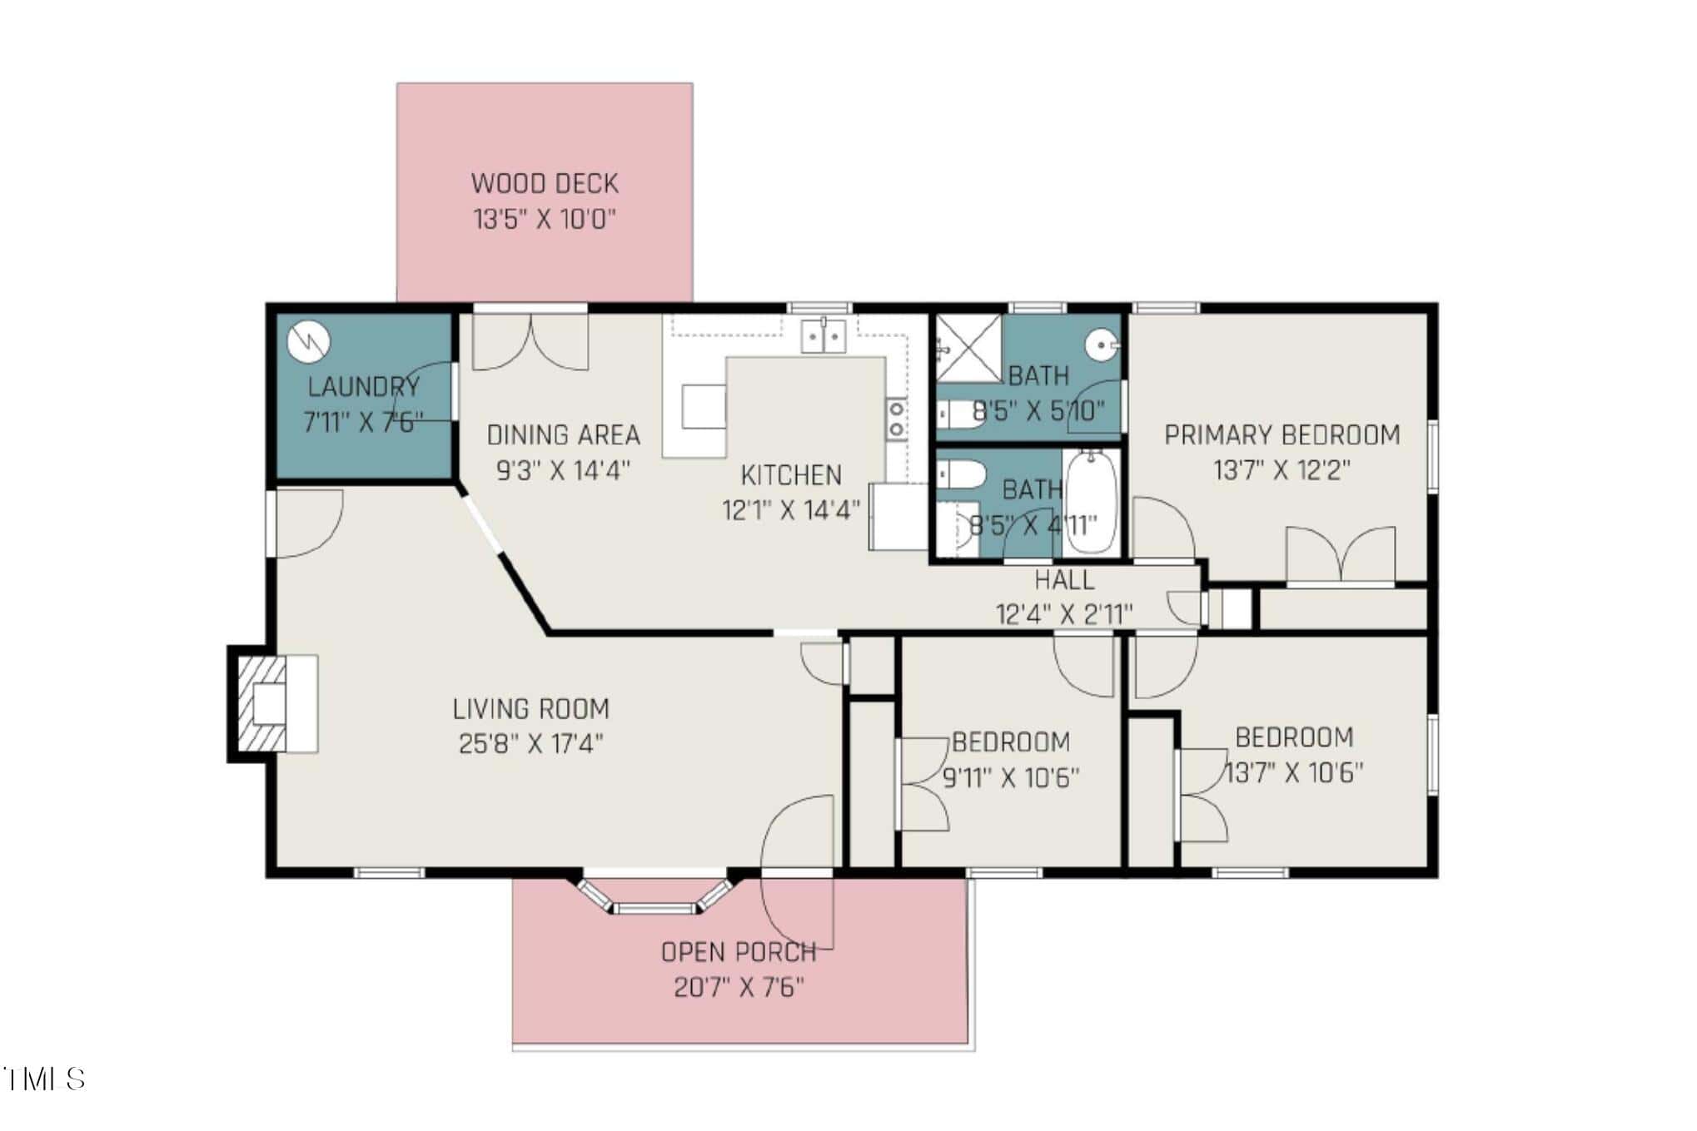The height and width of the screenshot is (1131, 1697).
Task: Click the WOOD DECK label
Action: click(545, 183)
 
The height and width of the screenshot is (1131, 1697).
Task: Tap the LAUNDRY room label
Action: click(364, 386)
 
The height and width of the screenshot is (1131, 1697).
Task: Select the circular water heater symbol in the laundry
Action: click(309, 342)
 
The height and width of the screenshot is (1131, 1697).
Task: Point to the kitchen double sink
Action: click(824, 336)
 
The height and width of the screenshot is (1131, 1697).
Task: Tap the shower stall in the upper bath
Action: click(969, 348)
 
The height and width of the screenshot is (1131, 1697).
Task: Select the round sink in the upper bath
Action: click(1103, 344)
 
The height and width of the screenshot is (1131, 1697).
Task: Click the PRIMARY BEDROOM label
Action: click(1281, 434)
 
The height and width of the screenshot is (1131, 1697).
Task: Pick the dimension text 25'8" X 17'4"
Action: click(531, 743)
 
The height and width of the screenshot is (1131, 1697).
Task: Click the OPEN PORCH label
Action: click(739, 952)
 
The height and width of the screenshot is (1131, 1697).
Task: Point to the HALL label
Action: click(1064, 579)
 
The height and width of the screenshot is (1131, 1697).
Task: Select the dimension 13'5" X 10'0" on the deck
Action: click(545, 220)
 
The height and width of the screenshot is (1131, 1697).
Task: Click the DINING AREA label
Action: click(564, 434)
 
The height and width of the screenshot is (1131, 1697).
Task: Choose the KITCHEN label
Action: click(791, 475)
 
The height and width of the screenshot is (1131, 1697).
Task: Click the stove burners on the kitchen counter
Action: click(896, 419)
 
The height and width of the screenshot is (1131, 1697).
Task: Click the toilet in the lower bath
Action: click(961, 475)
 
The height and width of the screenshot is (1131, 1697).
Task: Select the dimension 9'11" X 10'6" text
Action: click(1011, 778)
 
